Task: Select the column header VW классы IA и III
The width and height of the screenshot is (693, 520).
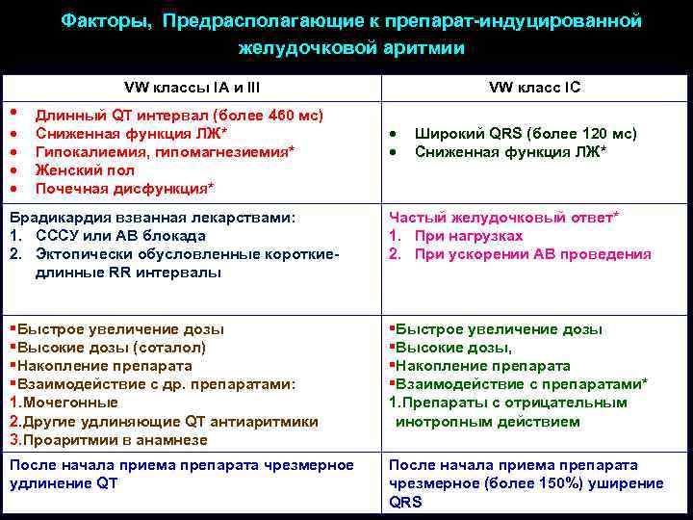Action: [x=192, y=88]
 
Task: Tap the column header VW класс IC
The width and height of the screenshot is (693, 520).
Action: [x=534, y=88]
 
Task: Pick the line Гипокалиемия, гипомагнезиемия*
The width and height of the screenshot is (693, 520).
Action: [x=165, y=152]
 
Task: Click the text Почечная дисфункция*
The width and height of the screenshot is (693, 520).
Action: [x=124, y=187]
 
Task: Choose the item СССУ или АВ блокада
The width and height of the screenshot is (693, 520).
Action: [x=119, y=237]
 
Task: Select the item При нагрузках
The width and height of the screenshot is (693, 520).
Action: [x=469, y=237]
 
